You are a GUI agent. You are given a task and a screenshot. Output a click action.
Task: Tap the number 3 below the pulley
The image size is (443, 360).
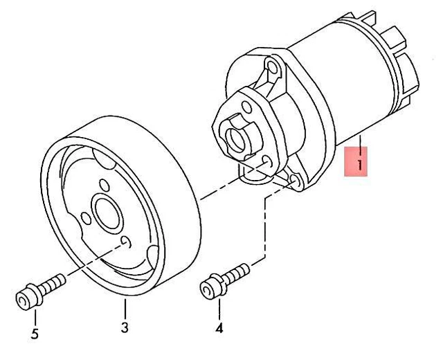pyautogui.click(x=125, y=326)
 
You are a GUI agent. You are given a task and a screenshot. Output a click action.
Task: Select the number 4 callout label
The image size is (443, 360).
pyautogui.click(x=219, y=327)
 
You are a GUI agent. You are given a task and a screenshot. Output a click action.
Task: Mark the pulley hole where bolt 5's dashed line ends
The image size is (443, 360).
pyautogui.click(x=127, y=241)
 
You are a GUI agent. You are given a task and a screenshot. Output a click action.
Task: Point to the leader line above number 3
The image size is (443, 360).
pyautogui.click(x=125, y=307)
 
